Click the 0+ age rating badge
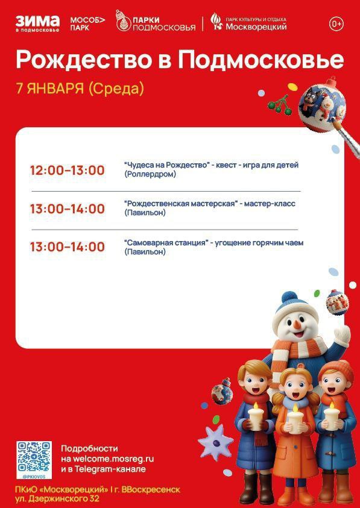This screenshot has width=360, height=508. point(336,24)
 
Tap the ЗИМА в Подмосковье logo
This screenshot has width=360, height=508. point(37,24)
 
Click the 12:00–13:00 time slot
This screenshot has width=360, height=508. point(67,171)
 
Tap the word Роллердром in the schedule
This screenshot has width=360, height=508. point(150,174)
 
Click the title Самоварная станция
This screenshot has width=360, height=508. point(165,243)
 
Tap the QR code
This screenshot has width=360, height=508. point(34,457)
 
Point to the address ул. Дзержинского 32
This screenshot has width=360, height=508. point(57,498)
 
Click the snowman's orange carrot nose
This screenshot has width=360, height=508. point(297,324)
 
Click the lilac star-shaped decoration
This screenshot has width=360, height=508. point(215,442)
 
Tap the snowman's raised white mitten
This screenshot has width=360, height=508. point(343,336)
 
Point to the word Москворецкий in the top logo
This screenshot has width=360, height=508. point(256,27)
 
